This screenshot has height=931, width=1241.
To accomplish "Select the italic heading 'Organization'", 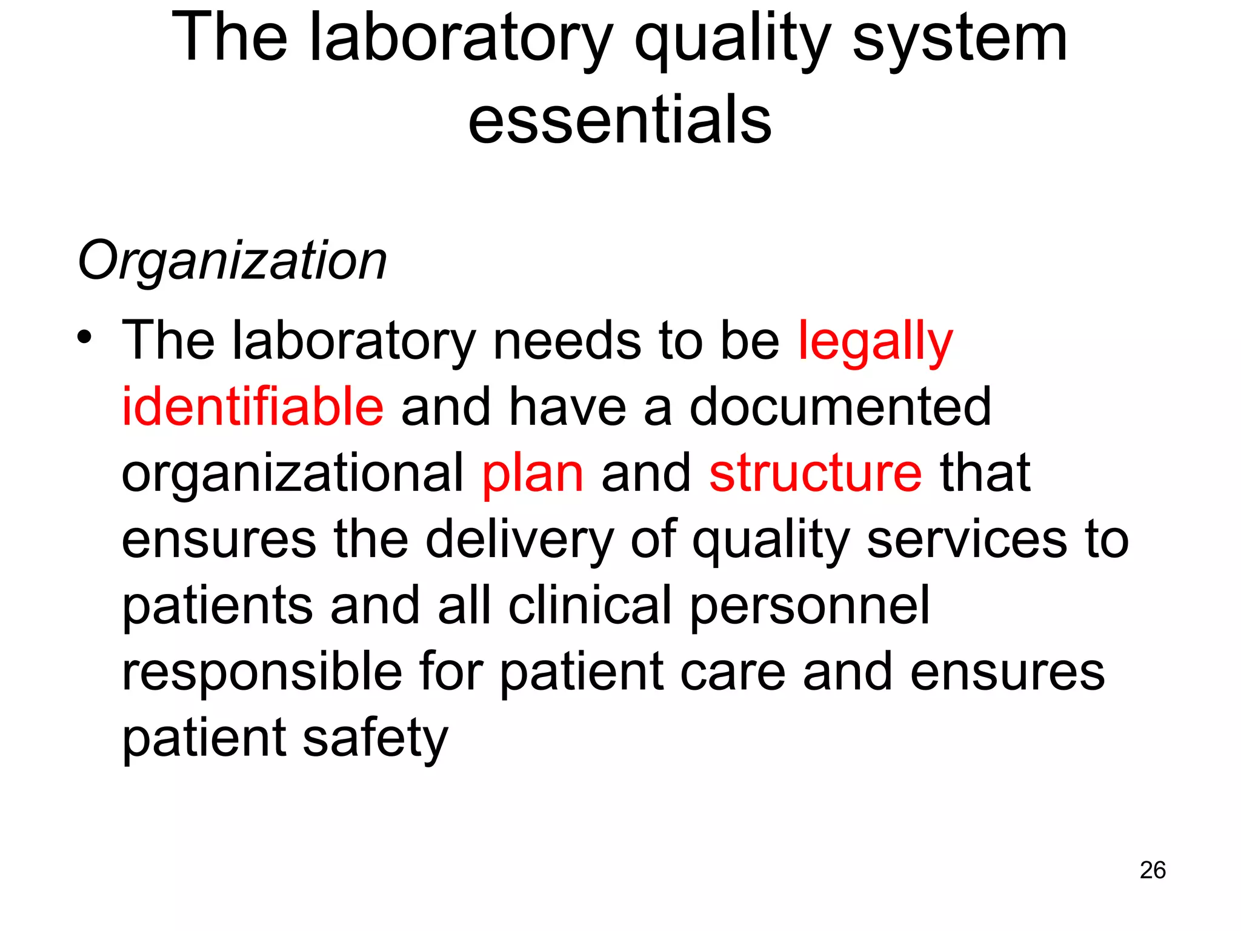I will coord(232,261).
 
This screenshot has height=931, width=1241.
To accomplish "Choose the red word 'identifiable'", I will coord(253,407).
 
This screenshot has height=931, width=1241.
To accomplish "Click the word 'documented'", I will coord(840,407).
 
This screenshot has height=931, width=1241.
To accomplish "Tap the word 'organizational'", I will coord(292,474).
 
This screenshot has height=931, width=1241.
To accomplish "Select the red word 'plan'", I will coord(533,474).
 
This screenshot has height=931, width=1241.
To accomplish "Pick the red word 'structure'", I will coord(815,473).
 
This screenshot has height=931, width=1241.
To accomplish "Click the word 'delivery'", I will coord(519,539).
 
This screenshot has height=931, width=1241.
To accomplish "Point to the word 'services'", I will coord(967,539).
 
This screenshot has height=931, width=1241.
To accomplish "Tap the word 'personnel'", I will coord(810,606).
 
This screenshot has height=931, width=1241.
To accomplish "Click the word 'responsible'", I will coord(262,672).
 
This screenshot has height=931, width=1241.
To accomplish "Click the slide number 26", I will coord(1152,870).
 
